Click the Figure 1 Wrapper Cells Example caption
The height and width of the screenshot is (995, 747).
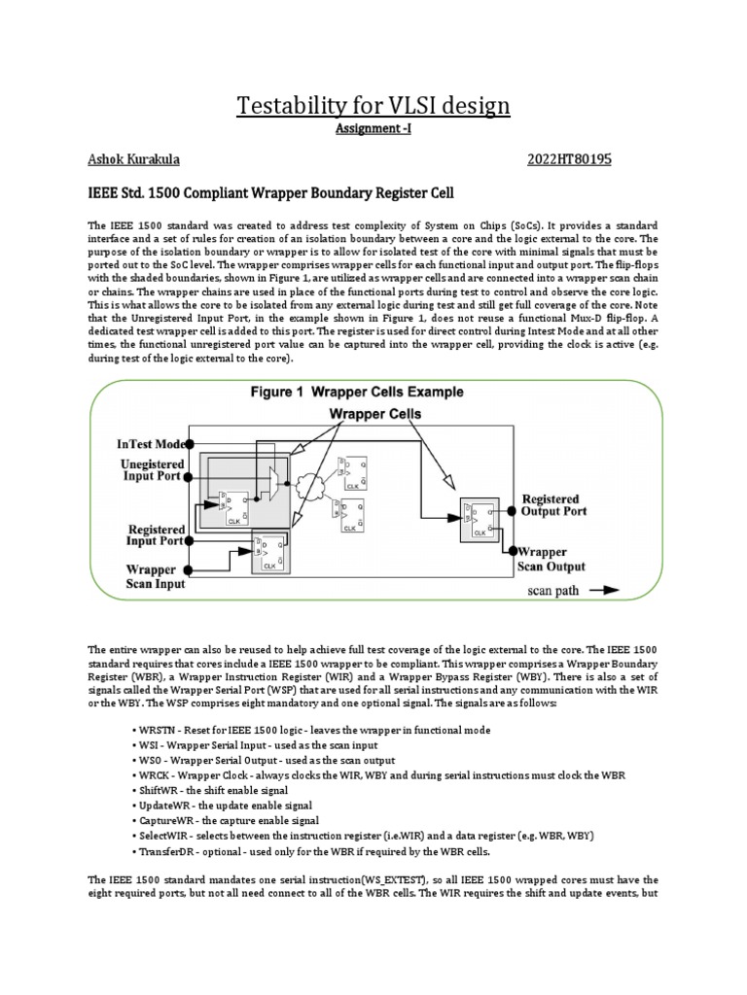[352, 393]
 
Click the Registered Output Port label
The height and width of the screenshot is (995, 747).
[565, 504]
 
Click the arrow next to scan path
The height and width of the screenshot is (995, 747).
[602, 589]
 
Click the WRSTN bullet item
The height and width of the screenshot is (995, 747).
[156, 730]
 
